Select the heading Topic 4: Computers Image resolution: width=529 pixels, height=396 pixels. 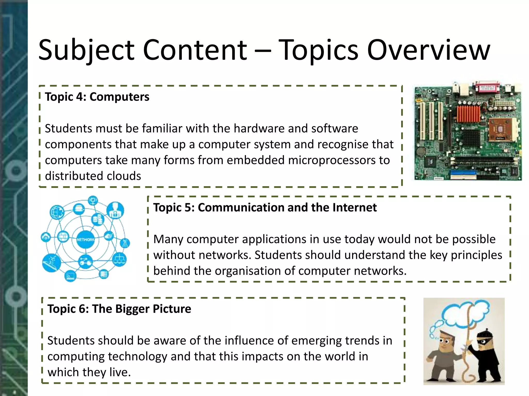pyautogui.click(x=97, y=97)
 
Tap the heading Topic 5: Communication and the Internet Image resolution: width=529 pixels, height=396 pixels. pyautogui.click(x=265, y=208)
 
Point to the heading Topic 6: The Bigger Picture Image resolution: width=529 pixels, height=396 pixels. pyautogui.click(x=119, y=309)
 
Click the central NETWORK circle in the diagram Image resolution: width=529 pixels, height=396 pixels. pyautogui.click(x=85, y=240)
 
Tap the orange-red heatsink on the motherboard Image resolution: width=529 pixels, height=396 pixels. pyautogui.click(x=468, y=113)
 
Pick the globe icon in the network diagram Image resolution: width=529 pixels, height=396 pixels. pyautogui.click(x=57, y=212)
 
